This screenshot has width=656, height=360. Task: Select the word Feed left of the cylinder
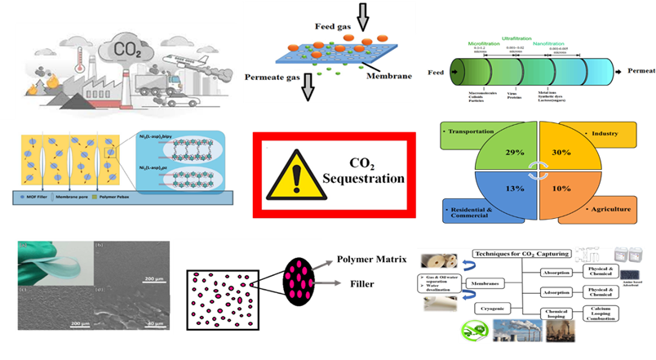pyautogui.click(x=439, y=73)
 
